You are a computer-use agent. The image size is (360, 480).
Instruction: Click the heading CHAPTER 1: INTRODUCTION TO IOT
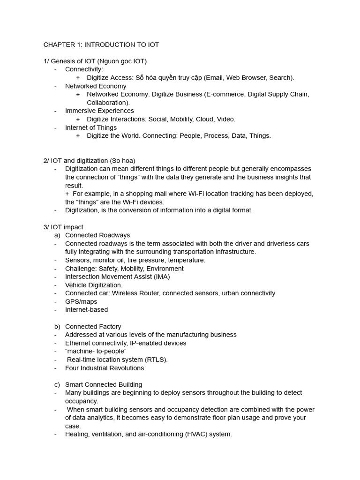[x=101, y=45]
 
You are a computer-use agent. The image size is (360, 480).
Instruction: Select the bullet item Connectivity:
[x=84, y=69]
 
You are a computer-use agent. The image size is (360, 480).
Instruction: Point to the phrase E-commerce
[x=225, y=94]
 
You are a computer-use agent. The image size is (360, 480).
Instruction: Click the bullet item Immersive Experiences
[x=99, y=111]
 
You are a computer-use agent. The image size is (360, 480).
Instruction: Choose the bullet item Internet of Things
[x=91, y=127]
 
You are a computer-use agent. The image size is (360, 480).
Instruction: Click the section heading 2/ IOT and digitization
[x=89, y=160]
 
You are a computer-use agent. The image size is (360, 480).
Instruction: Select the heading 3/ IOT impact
[x=63, y=227]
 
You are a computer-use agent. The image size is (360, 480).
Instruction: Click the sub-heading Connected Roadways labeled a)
[x=97, y=235]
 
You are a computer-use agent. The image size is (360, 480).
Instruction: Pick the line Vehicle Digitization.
[x=94, y=285]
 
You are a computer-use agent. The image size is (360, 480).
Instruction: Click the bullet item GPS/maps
[x=81, y=301]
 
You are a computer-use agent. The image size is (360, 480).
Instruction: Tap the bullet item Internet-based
[x=86, y=309]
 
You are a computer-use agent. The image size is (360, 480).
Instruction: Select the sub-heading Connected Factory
[x=93, y=326]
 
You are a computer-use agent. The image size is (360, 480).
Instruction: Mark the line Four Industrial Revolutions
[x=105, y=368]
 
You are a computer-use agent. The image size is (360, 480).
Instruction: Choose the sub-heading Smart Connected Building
[x=104, y=384]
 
